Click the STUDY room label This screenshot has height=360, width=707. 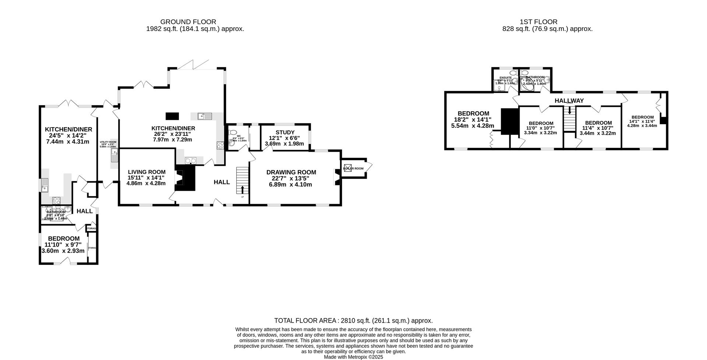click(x=285, y=132)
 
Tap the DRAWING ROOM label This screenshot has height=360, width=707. click(x=291, y=172)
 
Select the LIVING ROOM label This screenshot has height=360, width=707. click(x=147, y=172)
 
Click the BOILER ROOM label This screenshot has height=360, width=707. click(x=353, y=169)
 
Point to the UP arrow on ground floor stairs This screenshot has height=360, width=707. click(x=242, y=190)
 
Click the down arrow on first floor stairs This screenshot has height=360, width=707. click(x=570, y=110)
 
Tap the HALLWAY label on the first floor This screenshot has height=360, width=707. click(x=569, y=101)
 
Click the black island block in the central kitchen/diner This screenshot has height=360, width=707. click(x=172, y=116)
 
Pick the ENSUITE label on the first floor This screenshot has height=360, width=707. click(x=506, y=77)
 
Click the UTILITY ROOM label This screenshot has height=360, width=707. click(x=108, y=142)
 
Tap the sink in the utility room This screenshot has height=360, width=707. click(x=114, y=158)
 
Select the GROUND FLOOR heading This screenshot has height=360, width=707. click(x=188, y=22)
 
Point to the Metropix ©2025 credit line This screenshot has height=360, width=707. click(x=353, y=357)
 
